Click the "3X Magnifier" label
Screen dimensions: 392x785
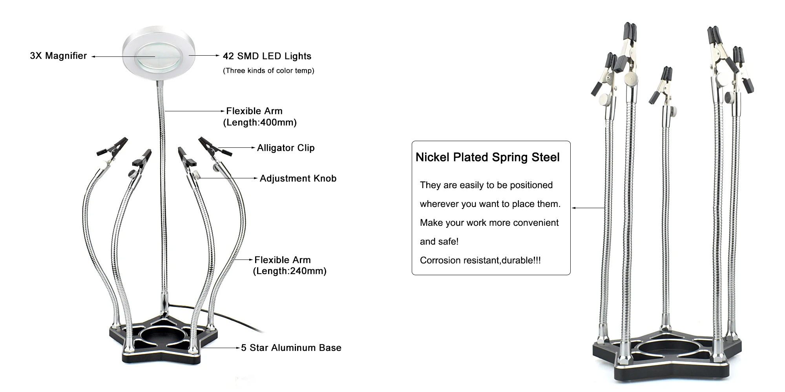58,56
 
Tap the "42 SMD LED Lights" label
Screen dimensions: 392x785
267,56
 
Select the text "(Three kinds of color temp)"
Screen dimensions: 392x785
268,71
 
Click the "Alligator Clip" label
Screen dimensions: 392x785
286,148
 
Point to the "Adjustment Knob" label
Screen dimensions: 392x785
298,179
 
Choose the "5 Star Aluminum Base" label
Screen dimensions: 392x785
291,348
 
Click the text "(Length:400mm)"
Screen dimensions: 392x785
260,123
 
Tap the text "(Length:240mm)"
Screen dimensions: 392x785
290,271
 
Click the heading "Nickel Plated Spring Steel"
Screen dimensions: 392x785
487,158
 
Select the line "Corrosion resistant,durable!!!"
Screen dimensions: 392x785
480,261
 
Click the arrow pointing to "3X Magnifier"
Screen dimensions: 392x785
118,56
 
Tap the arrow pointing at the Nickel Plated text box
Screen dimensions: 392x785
588,208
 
